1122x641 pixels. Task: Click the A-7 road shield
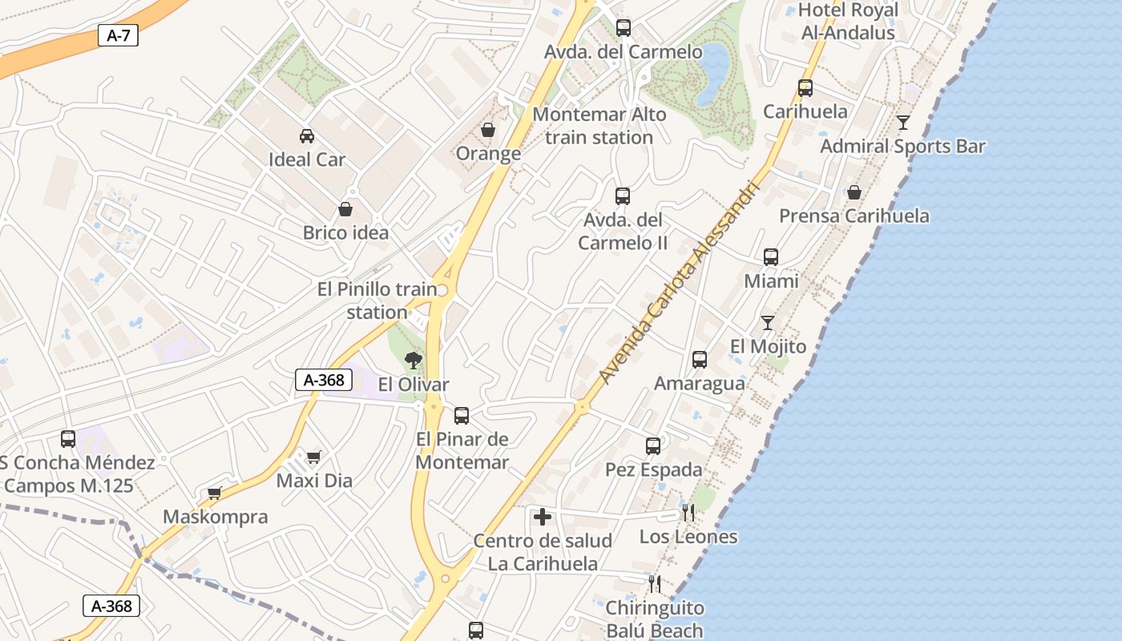coord(118,35)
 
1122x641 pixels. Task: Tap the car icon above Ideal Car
coord(306,136)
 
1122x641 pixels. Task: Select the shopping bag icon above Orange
coord(487,130)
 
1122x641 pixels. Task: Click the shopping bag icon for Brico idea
coord(345,209)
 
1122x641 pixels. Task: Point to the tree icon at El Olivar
coord(414,361)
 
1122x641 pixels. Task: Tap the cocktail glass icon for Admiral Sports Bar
coord(903,123)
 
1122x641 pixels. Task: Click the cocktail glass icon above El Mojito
coord(768,323)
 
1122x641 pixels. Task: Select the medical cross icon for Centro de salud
coord(543,517)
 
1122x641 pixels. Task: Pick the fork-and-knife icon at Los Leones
coord(688,513)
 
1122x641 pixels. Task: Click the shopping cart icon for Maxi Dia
coord(313,457)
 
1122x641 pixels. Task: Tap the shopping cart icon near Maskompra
coord(214,493)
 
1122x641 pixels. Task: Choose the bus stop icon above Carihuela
coord(805,88)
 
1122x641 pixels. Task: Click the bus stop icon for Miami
coord(771,257)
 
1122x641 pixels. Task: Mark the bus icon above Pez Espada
coord(653,446)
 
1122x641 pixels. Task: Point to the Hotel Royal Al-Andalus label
coord(848,22)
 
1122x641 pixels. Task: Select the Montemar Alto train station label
coord(599,126)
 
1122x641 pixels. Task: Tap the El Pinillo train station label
coord(377,300)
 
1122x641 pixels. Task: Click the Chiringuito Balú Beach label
coord(654,619)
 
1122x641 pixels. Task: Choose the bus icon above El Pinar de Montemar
coord(462,416)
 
